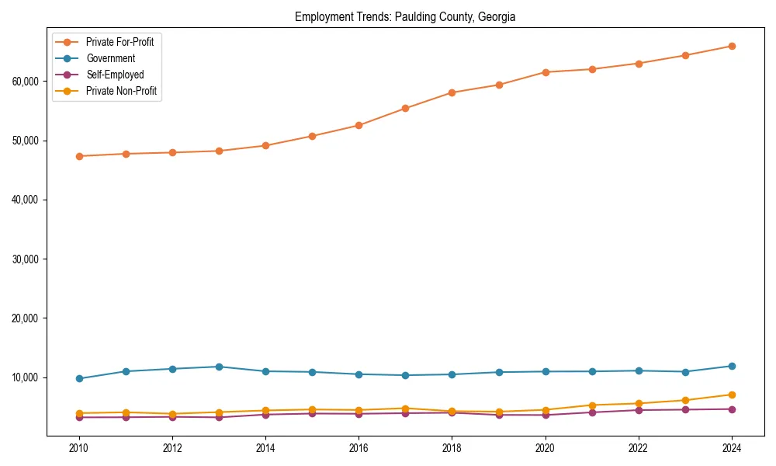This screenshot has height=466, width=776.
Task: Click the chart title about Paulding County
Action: (x=404, y=17)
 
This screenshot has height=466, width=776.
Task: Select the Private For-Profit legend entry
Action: (x=120, y=42)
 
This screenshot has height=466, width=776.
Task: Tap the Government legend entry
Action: (x=110, y=58)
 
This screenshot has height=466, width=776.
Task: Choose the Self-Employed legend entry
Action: (x=115, y=75)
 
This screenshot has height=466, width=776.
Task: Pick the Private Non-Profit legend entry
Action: (x=121, y=91)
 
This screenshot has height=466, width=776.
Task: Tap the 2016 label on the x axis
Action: (x=359, y=448)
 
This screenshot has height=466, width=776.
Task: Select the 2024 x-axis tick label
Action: (x=732, y=448)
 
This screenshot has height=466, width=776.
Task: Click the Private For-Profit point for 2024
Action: (x=732, y=46)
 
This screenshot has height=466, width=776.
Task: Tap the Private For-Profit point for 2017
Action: (x=405, y=108)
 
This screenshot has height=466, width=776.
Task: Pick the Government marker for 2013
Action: (x=219, y=367)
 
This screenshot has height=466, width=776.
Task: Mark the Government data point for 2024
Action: (x=732, y=366)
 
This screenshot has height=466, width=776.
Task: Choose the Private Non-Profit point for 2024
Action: (x=732, y=395)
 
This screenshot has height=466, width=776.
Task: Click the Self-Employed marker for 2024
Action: (x=732, y=409)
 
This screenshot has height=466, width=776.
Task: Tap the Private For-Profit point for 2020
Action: (x=546, y=72)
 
